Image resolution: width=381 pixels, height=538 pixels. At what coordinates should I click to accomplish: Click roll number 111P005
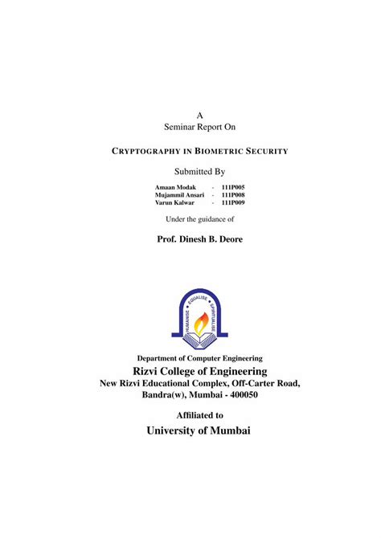[x=233, y=187]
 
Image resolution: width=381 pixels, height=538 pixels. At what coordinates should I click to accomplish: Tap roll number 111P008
[x=233, y=195]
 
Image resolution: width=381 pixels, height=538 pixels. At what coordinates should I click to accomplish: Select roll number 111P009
[x=233, y=203]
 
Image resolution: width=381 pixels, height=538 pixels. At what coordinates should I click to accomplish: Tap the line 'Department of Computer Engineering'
[x=199, y=358]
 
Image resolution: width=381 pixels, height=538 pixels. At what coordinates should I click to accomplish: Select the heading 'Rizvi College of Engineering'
[x=199, y=371]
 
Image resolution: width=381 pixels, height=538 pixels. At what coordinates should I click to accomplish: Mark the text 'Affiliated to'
[x=199, y=415]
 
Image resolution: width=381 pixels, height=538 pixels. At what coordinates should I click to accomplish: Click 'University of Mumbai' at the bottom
[x=199, y=431]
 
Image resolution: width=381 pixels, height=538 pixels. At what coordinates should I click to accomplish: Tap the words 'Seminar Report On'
[x=199, y=127]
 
